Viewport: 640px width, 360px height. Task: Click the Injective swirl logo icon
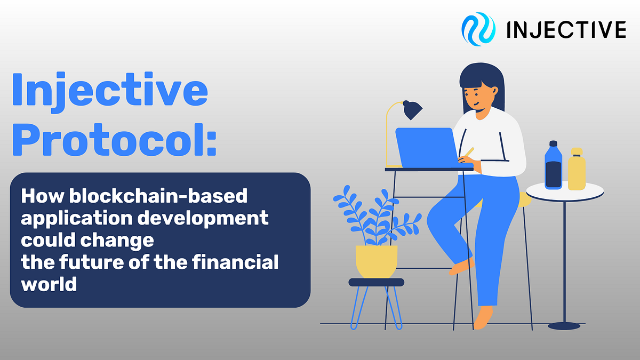478,29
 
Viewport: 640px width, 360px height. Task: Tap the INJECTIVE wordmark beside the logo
566,30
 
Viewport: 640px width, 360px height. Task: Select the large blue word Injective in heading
109,91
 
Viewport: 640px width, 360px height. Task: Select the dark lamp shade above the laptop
412,110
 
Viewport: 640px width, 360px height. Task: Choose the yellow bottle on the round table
577,171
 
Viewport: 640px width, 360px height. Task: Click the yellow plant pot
377,261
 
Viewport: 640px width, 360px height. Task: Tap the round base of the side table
564,326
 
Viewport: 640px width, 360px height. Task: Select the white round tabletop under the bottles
565,190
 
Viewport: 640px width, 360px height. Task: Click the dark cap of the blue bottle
553,144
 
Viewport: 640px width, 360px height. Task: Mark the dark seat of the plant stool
377,282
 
